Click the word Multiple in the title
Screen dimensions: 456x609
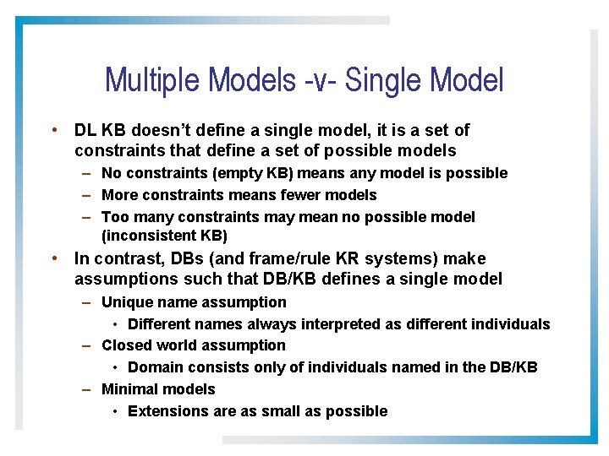153,80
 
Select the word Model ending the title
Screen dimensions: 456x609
467,80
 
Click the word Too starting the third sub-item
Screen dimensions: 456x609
114,217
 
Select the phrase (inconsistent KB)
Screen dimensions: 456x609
164,236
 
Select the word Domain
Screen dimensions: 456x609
156,367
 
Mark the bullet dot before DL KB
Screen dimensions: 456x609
53,131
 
